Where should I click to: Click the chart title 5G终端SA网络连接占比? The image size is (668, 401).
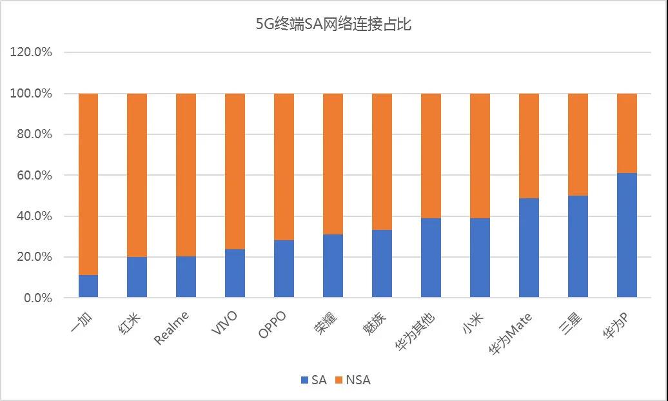click(x=333, y=25)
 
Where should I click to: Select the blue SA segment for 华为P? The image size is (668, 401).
click(x=627, y=235)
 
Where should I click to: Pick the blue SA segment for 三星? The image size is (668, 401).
click(x=578, y=246)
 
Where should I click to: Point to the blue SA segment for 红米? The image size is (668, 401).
click(x=137, y=277)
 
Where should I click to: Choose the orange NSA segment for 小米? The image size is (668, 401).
click(x=480, y=156)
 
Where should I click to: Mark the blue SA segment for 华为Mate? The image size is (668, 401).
click(x=529, y=247)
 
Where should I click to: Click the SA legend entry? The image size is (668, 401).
click(x=313, y=380)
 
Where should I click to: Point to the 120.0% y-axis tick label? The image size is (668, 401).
click(x=31, y=52)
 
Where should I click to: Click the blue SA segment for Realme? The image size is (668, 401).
click(x=186, y=277)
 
